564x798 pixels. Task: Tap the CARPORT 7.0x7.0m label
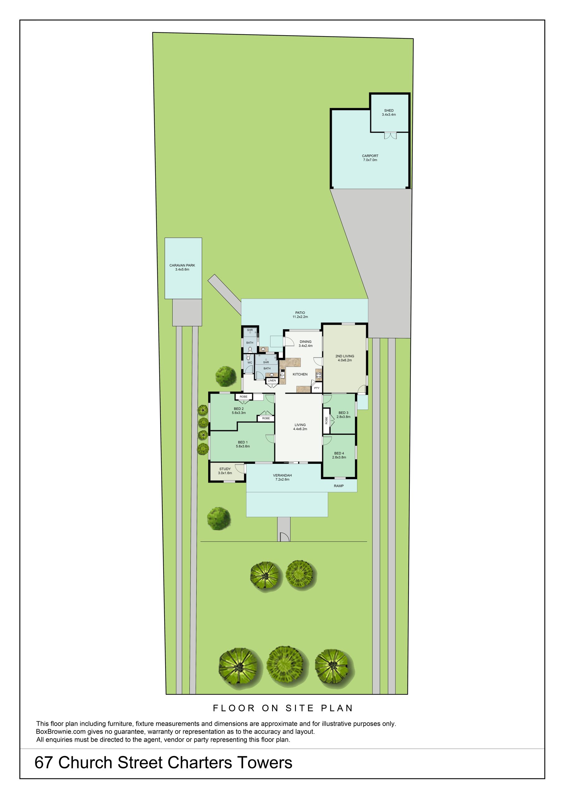pyautogui.click(x=370, y=158)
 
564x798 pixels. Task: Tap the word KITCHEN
pyautogui.click(x=300, y=374)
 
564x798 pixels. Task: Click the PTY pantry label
pyautogui.click(x=317, y=388)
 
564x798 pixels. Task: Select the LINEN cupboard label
pyautogui.click(x=272, y=381)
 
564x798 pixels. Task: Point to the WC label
pyautogui.click(x=250, y=363)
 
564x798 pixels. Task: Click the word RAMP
pyautogui.click(x=339, y=486)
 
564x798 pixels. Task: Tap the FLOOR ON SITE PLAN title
pyautogui.click(x=283, y=708)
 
